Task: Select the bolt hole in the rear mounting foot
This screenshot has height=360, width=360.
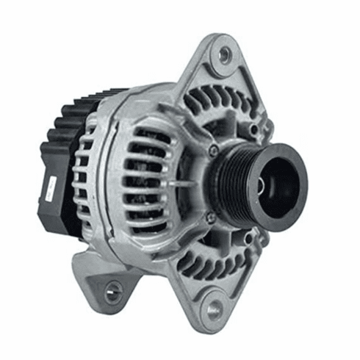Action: click(112, 295)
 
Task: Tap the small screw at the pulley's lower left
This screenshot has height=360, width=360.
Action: click(211, 217)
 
